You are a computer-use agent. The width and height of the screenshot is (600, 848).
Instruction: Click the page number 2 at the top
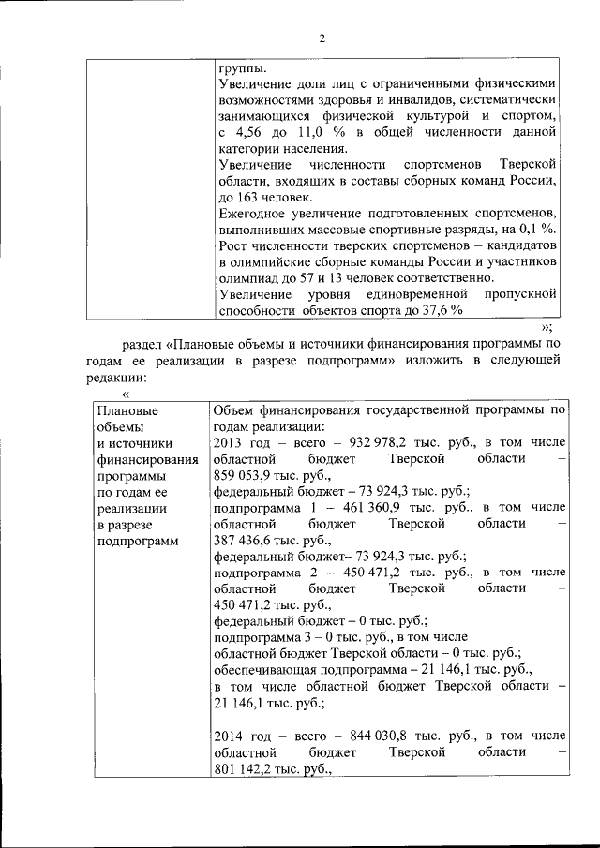point(321,38)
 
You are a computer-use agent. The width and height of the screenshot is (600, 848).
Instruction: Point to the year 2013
point(229,442)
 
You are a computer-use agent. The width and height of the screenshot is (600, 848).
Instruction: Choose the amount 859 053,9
point(247,475)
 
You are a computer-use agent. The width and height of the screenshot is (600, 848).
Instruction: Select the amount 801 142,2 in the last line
point(247,766)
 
